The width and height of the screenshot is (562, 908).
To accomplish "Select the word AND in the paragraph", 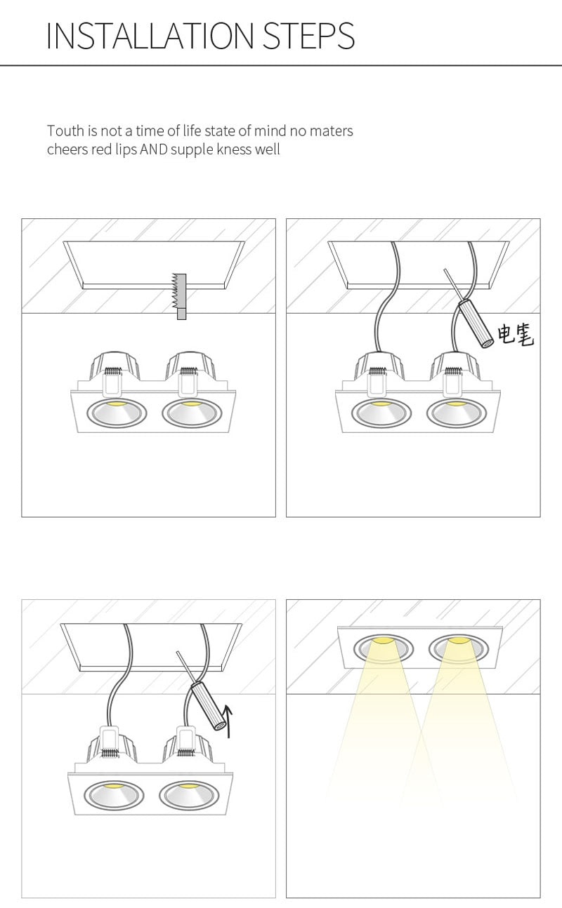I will (x=154, y=149).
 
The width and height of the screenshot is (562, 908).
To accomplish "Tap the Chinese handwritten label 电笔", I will (x=516, y=335).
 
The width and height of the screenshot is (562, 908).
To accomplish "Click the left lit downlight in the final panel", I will (x=382, y=648).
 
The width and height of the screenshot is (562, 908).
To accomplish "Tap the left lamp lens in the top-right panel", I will (x=380, y=413).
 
